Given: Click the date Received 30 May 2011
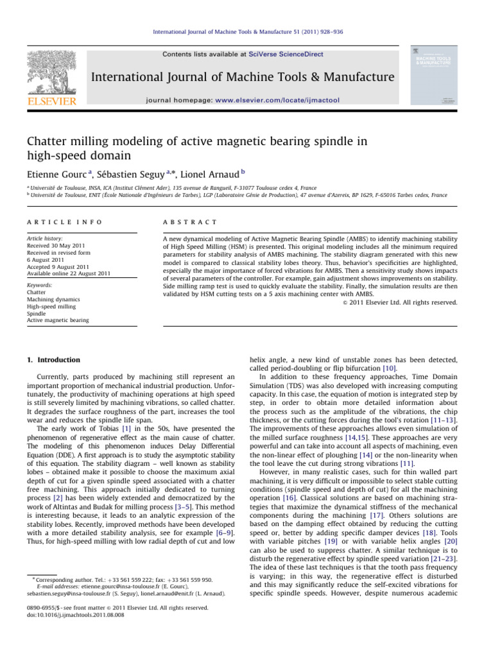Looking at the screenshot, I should (x=60, y=245).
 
